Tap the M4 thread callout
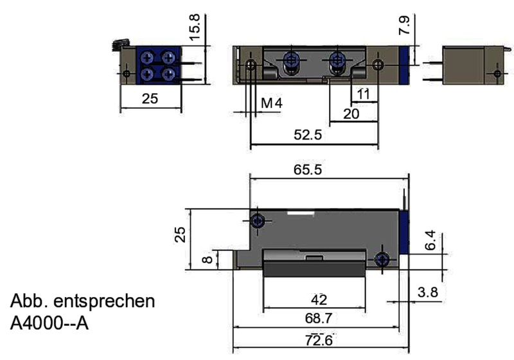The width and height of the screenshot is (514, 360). tap(272, 103)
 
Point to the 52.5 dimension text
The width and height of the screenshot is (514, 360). tap(307, 136)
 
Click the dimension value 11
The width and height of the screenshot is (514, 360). tap(363, 94)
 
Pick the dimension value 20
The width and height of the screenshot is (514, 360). tap(351, 113)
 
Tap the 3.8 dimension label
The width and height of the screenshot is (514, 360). tap(428, 292)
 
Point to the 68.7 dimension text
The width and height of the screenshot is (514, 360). tap(319, 318)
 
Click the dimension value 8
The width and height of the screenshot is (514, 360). tap(206, 260)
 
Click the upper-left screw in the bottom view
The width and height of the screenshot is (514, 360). tap(258, 221)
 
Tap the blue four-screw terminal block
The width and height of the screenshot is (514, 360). tap(157, 65)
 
